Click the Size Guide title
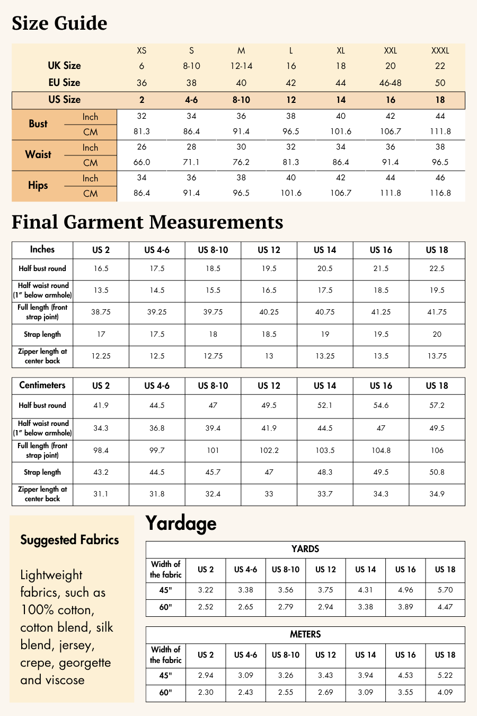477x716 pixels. (x=59, y=23)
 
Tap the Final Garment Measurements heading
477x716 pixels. (x=147, y=222)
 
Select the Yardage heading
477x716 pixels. (x=181, y=523)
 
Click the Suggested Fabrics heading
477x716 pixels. (x=69, y=540)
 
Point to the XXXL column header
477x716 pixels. (x=440, y=51)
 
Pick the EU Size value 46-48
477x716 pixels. (x=390, y=83)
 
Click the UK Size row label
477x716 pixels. (x=64, y=66)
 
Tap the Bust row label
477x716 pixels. (x=38, y=124)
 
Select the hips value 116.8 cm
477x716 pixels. (x=440, y=193)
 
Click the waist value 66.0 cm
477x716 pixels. (x=142, y=162)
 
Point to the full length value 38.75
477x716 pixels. (x=101, y=312)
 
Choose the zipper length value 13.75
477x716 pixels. (x=437, y=356)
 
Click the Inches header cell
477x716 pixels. (x=42, y=249)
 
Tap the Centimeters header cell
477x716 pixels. (x=42, y=385)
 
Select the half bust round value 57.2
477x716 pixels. (x=437, y=405)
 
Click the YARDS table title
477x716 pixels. (x=305, y=549)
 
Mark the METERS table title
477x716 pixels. (x=305, y=634)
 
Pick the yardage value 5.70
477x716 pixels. (x=445, y=590)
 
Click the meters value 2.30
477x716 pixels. (x=206, y=692)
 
